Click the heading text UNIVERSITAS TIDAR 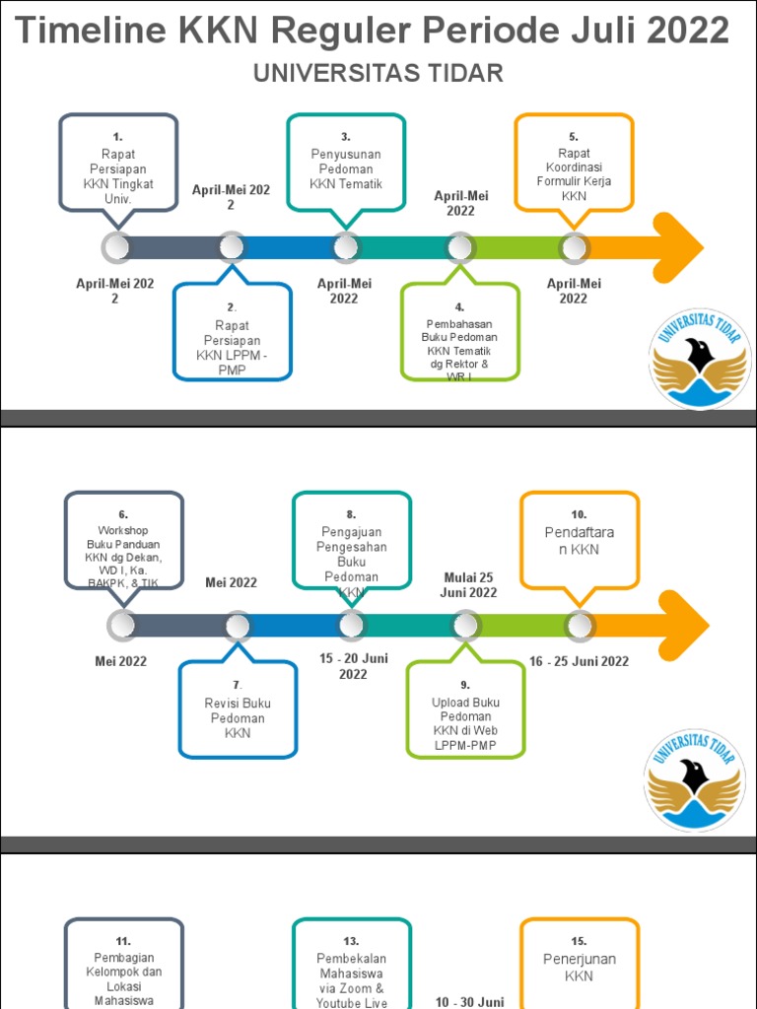coord(378,73)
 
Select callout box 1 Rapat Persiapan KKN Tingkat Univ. coord(118,163)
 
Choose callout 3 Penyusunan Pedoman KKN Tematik coord(346,163)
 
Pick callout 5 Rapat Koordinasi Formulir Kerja coord(574,163)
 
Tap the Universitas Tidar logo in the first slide coord(699,360)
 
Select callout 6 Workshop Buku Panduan coord(123,542)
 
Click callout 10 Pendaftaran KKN coord(579,542)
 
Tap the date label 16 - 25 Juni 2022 coord(579,661)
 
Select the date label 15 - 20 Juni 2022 coord(353,666)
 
